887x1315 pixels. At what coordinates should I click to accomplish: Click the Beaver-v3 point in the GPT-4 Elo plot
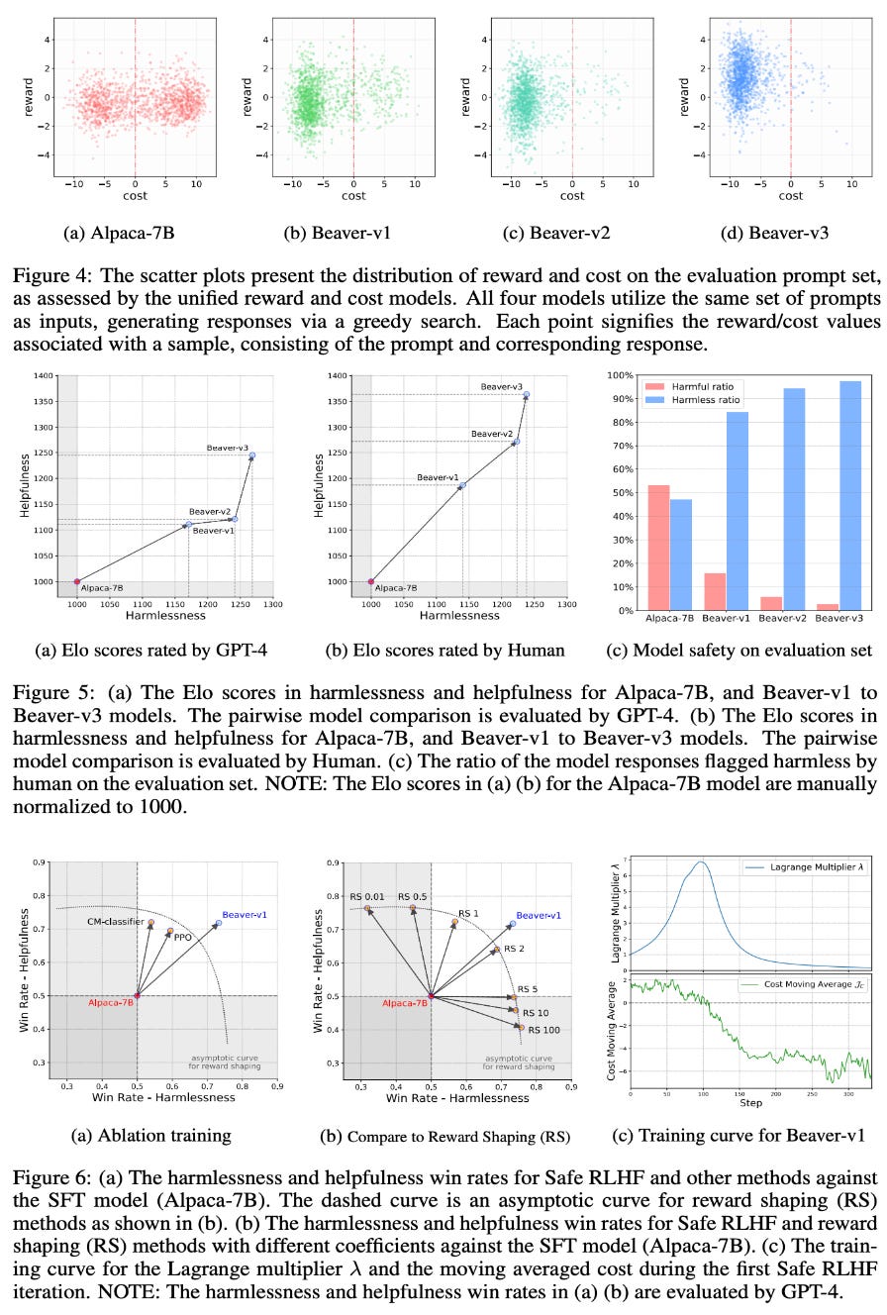coord(252,455)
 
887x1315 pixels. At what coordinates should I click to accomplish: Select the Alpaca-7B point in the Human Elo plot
coord(371,581)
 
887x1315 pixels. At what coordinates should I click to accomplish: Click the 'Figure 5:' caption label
coord(46,686)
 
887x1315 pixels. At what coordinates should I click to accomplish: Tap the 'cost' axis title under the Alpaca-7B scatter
coord(135,196)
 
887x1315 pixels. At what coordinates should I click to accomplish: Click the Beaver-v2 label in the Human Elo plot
coord(492,434)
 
